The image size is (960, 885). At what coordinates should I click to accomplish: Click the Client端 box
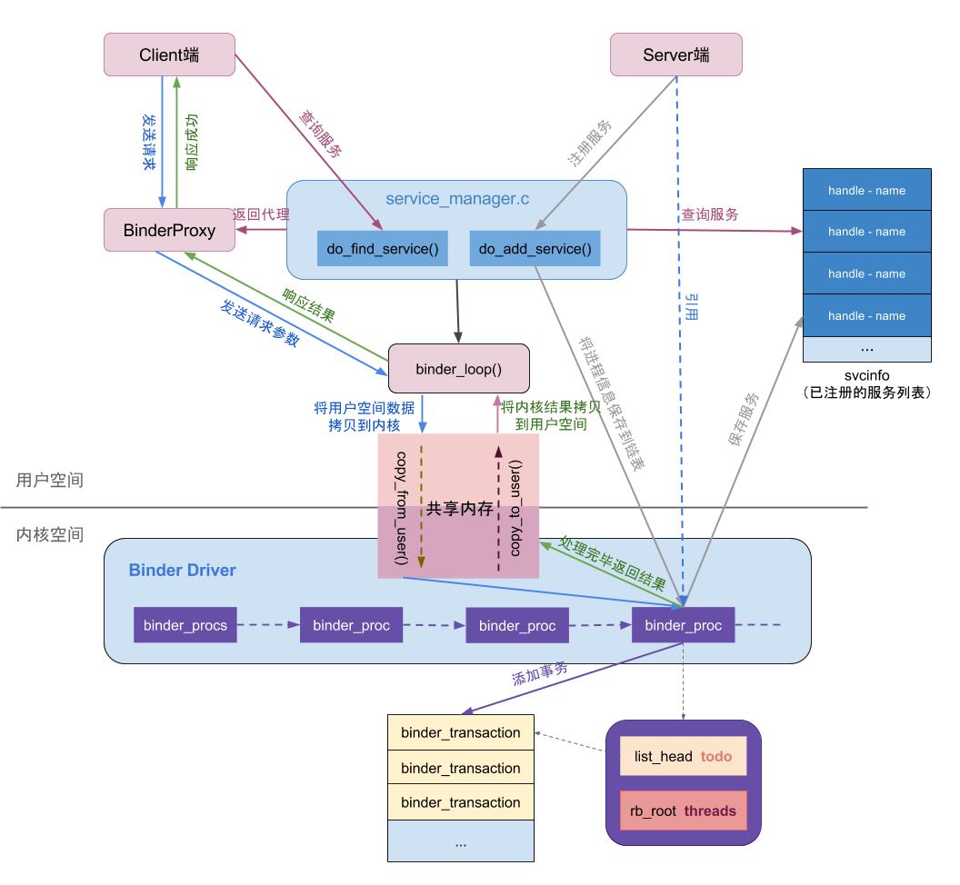click(169, 55)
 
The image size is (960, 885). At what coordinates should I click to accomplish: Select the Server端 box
click(675, 55)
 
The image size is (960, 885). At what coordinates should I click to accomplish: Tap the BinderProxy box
click(169, 230)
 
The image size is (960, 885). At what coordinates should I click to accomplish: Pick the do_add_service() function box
click(535, 249)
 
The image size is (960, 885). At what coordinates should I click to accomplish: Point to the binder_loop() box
click(458, 368)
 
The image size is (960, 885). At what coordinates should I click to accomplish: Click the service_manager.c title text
click(457, 199)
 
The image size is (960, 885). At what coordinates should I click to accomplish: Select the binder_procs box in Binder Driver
click(185, 625)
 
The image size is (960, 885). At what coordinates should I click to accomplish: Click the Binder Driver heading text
click(182, 571)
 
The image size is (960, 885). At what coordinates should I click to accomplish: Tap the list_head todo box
click(683, 756)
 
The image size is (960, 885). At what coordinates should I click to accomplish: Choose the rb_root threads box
click(683, 810)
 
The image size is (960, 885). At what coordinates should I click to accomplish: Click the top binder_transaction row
click(460, 732)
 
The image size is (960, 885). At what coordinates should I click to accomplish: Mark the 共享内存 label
click(459, 509)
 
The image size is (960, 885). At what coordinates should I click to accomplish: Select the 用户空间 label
click(50, 480)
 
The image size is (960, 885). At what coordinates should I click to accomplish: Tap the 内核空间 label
click(50, 534)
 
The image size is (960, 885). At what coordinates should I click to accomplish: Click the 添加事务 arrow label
click(540, 673)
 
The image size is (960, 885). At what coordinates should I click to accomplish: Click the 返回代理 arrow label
click(261, 214)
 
